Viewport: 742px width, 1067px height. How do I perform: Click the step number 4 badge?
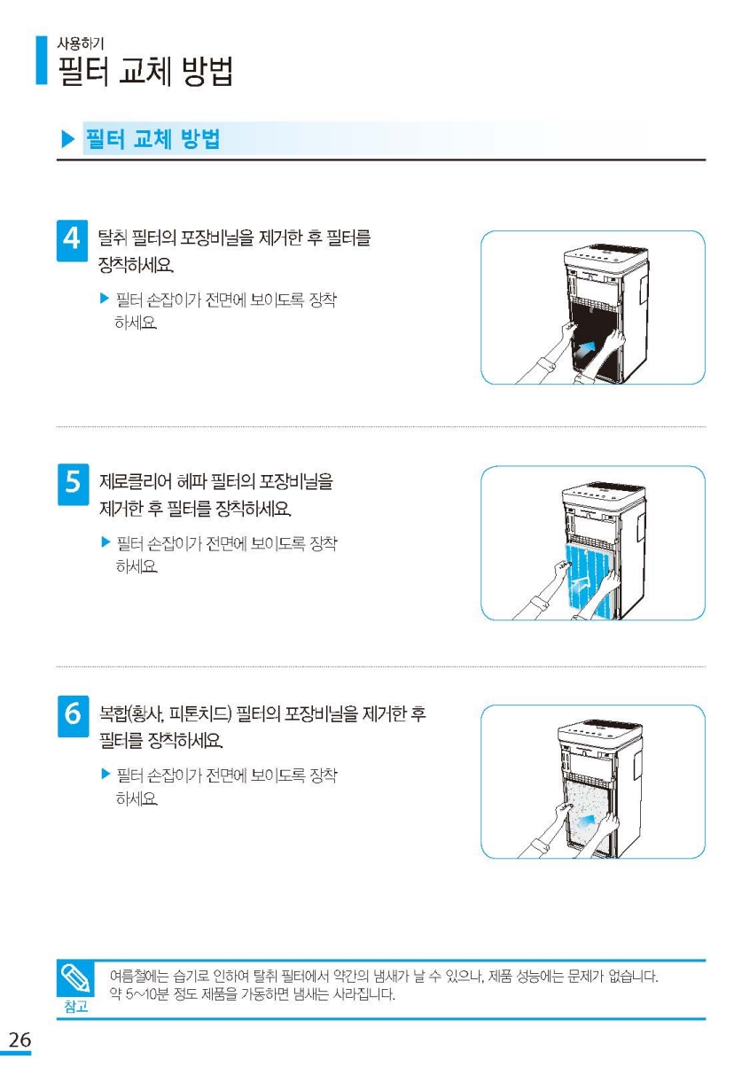tap(72, 240)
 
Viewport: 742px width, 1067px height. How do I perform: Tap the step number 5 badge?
tap(73, 484)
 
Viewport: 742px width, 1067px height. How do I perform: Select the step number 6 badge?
tap(73, 716)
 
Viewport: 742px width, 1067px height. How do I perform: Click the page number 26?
tap(20, 1040)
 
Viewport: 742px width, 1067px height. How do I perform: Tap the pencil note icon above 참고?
tap(74, 978)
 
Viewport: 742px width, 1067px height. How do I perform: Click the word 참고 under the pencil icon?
tap(76, 1006)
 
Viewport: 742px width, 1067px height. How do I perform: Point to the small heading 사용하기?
tap(80, 43)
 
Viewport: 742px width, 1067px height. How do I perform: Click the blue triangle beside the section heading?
tap(68, 139)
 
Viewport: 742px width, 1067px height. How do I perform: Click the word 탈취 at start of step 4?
tap(112, 238)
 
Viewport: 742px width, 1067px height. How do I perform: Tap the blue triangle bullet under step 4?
tap(105, 299)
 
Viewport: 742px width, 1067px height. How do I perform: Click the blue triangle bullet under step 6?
tap(106, 774)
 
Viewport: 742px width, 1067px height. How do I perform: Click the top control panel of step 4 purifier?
tap(606, 256)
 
